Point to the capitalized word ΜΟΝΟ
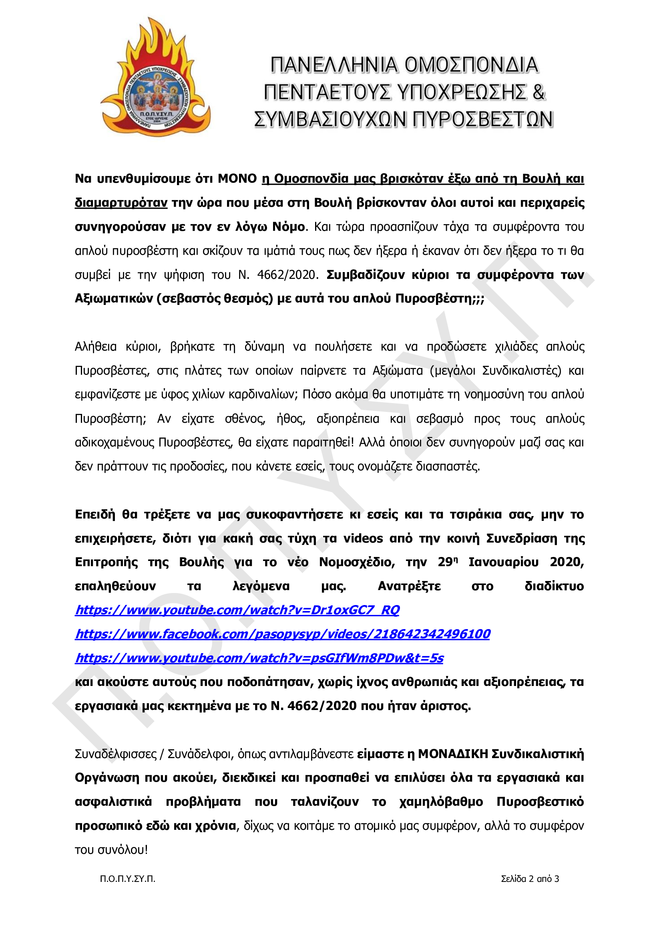pos(237,179)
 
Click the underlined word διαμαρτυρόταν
pos(121,203)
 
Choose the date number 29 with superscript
pos(447,562)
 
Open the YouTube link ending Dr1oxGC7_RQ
pos(237,610)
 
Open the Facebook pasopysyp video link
pos(283,634)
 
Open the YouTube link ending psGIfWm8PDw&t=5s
pos(259,658)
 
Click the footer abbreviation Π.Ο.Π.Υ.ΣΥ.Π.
pos(128,879)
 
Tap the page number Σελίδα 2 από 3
pos(530,879)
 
